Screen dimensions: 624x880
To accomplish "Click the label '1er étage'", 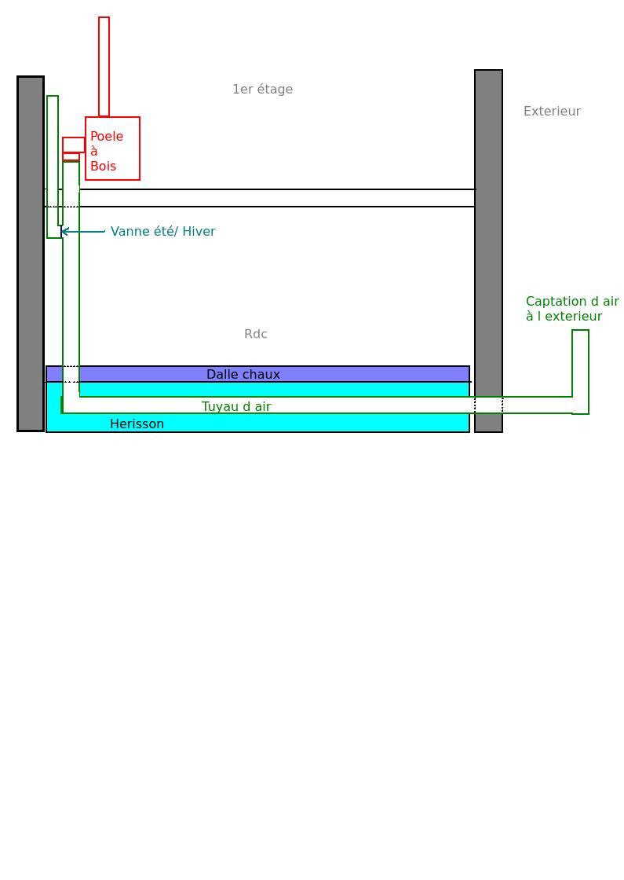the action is click(262, 90).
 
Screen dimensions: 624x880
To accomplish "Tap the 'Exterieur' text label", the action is click(552, 112).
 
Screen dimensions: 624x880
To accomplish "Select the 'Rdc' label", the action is click(256, 334).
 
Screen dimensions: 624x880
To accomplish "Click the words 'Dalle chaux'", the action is click(243, 375).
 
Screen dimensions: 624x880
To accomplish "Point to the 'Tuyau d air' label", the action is click(236, 406).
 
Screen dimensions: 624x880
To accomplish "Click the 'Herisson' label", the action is click(137, 424).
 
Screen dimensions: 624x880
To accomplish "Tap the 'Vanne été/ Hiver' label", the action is click(162, 232).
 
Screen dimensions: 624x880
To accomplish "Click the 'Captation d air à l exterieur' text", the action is click(572, 309).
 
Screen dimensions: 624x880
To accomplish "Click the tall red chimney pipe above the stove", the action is click(104, 67).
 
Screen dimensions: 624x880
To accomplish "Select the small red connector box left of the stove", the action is click(74, 145).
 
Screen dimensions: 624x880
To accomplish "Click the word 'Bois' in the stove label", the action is click(103, 167).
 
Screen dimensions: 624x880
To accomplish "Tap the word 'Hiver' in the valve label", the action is click(199, 232).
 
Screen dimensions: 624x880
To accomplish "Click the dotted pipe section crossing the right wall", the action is click(488, 405).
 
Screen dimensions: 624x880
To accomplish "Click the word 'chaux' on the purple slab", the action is click(261, 375).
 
